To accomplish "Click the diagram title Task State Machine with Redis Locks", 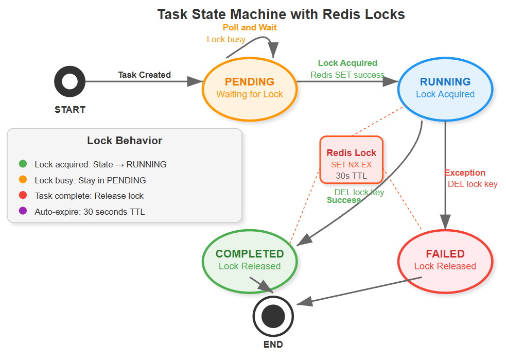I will [x=281, y=14].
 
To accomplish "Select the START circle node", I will [x=69, y=82].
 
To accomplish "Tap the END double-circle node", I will [x=273, y=316].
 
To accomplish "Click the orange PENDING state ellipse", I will [x=250, y=88].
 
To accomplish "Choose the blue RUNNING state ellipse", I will [x=445, y=88].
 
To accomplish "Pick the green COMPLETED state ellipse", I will [x=250, y=260].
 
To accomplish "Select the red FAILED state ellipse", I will [x=445, y=260].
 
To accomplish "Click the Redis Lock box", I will [x=351, y=160].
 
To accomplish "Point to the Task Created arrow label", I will [x=144, y=75].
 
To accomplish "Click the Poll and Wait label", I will [x=250, y=27].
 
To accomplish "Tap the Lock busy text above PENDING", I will [x=226, y=39].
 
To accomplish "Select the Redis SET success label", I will [x=347, y=75].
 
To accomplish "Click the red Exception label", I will [x=465, y=173].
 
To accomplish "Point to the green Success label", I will [x=343, y=200].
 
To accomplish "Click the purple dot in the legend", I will [x=23, y=212].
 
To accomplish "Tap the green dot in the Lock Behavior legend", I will [x=23, y=164].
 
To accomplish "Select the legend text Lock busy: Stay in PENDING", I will [x=90, y=180].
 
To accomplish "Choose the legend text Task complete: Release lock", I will [x=89, y=196].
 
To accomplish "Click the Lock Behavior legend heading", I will [x=125, y=141].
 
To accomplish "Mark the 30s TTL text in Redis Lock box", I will [x=351, y=175].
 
